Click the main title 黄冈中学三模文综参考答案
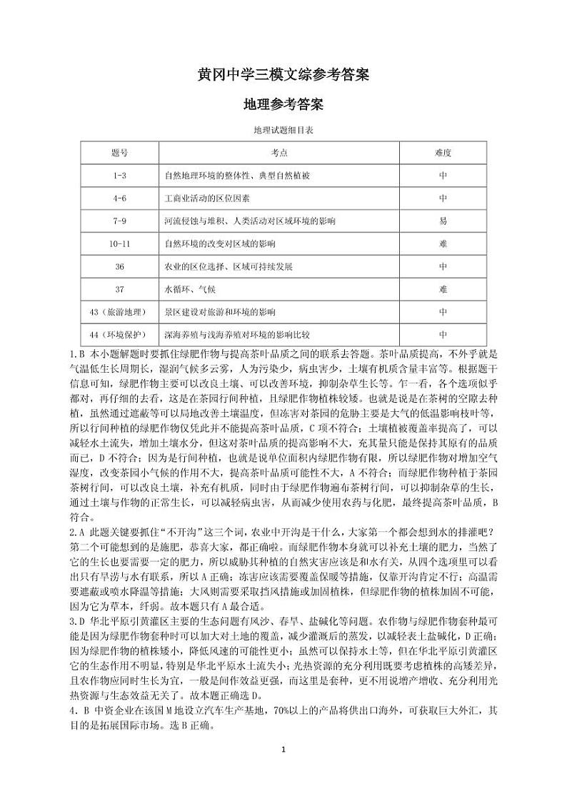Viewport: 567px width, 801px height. (283, 75)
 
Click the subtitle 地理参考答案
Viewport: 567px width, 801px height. (283, 104)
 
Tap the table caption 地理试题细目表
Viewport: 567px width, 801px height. (283, 130)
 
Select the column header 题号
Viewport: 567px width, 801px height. (119, 153)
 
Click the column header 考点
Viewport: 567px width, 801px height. (279, 153)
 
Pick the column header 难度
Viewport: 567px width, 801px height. (443, 153)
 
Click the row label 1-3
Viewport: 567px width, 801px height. (119, 176)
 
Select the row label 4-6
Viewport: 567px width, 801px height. (119, 198)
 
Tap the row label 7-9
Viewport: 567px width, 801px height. (119, 221)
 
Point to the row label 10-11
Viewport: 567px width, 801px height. (119, 244)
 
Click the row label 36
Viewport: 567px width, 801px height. (119, 267)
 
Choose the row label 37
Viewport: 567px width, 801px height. (119, 290)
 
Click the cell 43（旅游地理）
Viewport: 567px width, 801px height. (119, 313)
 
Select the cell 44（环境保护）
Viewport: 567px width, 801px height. (119, 334)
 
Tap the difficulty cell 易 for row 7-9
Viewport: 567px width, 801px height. (443, 221)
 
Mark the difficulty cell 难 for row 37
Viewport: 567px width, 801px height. (443, 290)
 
